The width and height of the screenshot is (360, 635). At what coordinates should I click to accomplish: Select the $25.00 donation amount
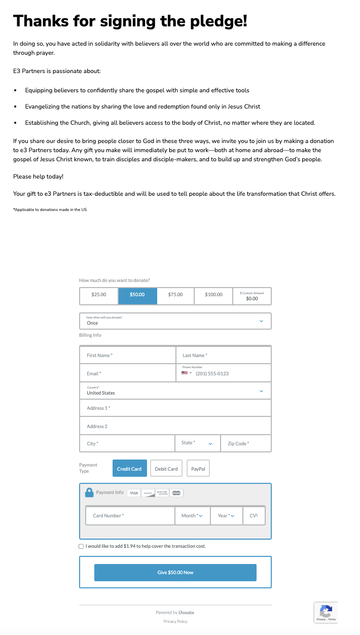[x=99, y=295]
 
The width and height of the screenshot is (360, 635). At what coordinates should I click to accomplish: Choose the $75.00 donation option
[x=175, y=295]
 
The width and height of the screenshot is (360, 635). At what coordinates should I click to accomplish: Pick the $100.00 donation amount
[x=213, y=295]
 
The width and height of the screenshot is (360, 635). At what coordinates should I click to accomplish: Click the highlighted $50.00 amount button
[x=137, y=295]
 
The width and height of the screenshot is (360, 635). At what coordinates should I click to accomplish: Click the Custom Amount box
[x=252, y=296]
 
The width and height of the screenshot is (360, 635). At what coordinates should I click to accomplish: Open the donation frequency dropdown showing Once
[x=175, y=321]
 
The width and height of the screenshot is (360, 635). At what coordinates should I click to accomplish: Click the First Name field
[x=128, y=356]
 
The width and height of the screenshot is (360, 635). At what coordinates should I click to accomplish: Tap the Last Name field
[x=223, y=356]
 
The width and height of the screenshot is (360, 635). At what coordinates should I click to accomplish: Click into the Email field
[x=128, y=374]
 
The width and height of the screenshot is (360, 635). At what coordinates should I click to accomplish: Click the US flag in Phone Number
[x=185, y=373]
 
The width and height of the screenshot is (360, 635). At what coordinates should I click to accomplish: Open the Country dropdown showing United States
[x=175, y=391]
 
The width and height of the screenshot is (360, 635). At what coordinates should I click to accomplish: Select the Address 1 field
[x=175, y=408]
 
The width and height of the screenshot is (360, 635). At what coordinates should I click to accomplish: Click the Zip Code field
[x=245, y=444]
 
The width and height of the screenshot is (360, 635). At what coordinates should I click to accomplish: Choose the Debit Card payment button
[x=166, y=469]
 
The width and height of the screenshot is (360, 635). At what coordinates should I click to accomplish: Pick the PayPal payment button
[x=198, y=469]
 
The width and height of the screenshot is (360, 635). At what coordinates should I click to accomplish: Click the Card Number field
[x=131, y=516]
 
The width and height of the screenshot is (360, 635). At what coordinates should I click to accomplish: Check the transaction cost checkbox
[x=82, y=546]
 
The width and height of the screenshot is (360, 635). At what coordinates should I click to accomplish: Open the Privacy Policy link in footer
[x=175, y=621]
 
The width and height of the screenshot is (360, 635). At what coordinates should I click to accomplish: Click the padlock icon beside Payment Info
[x=89, y=492]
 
